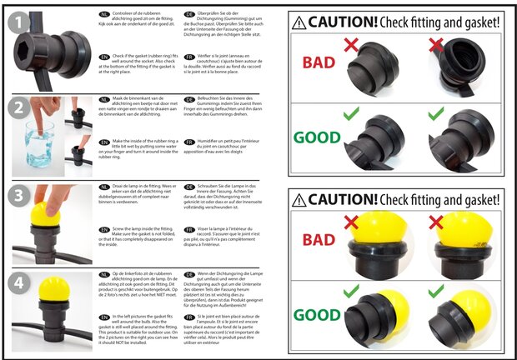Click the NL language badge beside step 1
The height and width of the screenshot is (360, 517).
point(104,14)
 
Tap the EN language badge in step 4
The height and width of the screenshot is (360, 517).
point(104,317)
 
